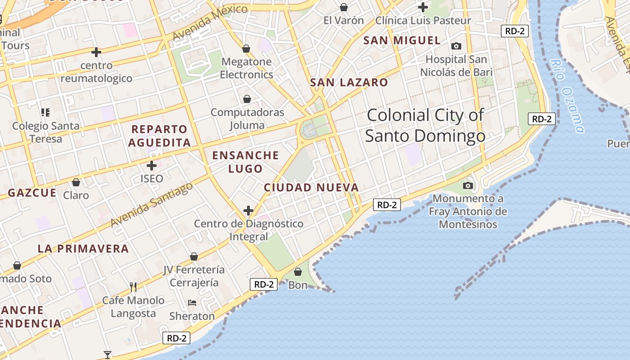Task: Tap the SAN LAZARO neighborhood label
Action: (x=349, y=82)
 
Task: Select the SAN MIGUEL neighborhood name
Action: (x=402, y=40)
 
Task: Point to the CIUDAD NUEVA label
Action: (x=311, y=188)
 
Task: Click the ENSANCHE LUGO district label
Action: (x=246, y=162)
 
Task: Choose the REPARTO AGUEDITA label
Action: (x=159, y=136)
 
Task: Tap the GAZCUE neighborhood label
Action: (x=32, y=193)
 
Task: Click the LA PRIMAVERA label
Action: (x=83, y=248)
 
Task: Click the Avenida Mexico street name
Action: (x=210, y=22)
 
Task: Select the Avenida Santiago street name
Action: (x=152, y=204)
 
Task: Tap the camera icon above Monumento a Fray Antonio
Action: (x=468, y=185)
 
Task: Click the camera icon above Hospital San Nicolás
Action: (x=456, y=46)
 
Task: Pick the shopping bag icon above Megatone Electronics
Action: (x=246, y=48)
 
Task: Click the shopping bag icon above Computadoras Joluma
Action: (x=247, y=99)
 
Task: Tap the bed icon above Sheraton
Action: (x=192, y=303)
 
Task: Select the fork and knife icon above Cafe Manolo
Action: (x=133, y=286)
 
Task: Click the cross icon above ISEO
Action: (x=152, y=166)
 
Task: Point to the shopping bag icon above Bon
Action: (x=297, y=272)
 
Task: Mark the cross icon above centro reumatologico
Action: (x=96, y=52)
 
